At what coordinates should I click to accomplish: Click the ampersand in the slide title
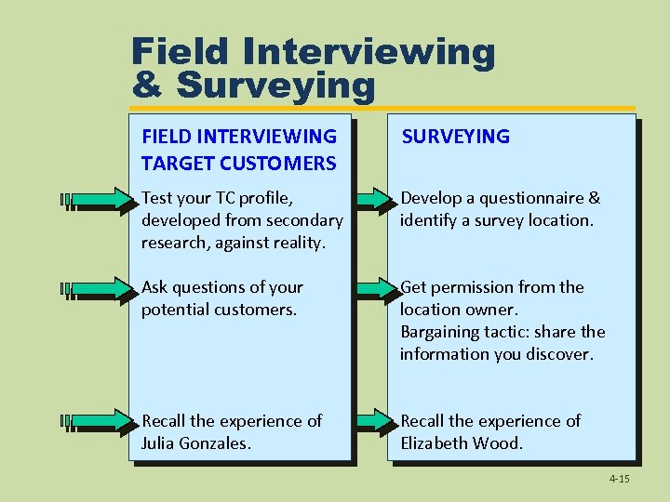149,86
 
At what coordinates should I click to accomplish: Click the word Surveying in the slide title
275,86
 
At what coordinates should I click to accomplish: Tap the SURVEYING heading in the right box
455,137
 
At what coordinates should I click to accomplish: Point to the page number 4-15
619,479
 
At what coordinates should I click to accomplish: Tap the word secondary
304,220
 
